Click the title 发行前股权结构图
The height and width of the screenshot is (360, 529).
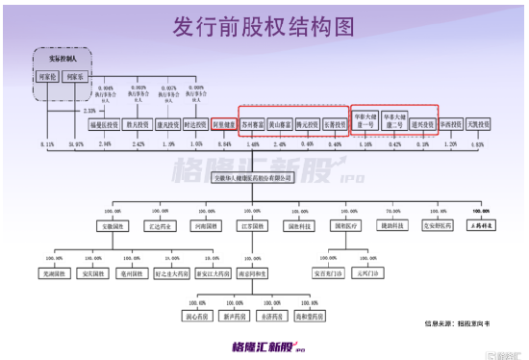tap(264, 23)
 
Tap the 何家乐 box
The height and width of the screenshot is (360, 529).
tap(76, 76)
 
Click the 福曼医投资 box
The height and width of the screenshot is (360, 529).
tap(104, 124)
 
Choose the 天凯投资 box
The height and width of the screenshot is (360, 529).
tap(479, 124)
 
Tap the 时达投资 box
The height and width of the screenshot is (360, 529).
tap(195, 124)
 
